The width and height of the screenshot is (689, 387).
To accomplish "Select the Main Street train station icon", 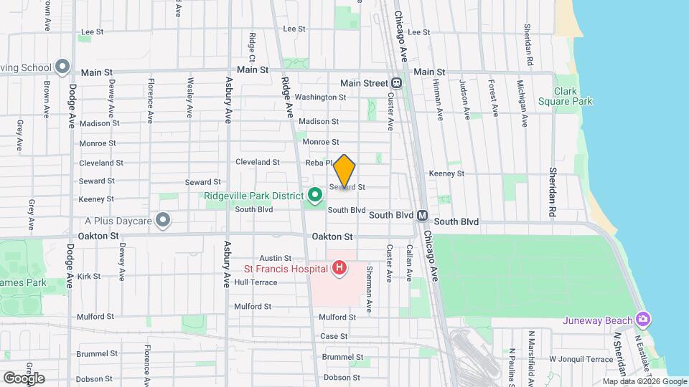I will click(396, 84).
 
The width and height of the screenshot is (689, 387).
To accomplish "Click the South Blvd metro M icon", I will click(423, 215).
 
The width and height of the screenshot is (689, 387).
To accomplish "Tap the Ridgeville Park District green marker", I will click(314, 194).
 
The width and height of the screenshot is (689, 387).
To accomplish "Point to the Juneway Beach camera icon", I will click(644, 320).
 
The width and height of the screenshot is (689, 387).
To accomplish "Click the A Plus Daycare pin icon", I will click(164, 220).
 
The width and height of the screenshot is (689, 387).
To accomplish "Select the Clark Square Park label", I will click(573, 96).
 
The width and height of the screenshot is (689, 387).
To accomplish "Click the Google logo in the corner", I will click(24, 378).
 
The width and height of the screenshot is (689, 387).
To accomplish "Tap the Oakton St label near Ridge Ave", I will click(332, 236).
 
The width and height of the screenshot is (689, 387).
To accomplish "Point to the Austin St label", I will click(276, 258).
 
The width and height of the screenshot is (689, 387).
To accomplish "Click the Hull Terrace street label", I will click(255, 282).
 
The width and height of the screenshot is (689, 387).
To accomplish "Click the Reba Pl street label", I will click(317, 163).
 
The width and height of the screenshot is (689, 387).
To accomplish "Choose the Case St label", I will click(334, 336).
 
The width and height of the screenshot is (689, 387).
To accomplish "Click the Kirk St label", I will click(89, 276).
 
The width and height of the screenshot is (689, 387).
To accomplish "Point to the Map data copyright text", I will click(645, 381).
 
